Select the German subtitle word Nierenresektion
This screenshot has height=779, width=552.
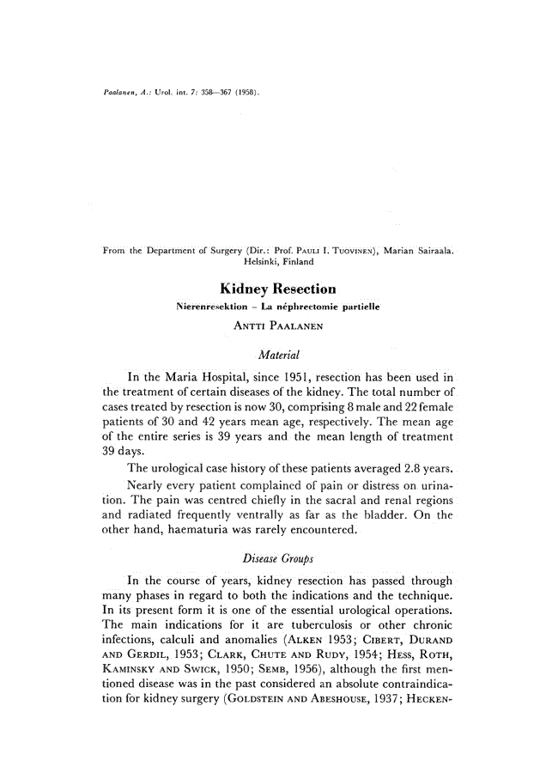pos(214,306)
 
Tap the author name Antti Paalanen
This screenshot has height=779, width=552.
pos(276,326)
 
